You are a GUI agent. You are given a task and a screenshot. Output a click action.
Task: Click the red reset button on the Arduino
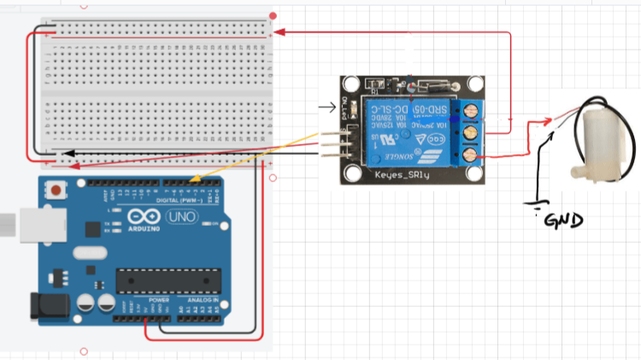[x=56, y=189]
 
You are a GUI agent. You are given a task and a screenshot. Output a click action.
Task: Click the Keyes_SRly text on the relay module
[x=401, y=174]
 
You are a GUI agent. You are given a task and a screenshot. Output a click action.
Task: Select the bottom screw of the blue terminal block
[x=469, y=154]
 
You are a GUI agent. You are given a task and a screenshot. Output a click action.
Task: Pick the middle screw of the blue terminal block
[x=469, y=133]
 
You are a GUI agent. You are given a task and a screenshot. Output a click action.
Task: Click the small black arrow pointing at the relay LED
[x=326, y=108]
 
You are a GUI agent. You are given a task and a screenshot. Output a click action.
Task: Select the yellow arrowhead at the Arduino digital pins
[x=196, y=180]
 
